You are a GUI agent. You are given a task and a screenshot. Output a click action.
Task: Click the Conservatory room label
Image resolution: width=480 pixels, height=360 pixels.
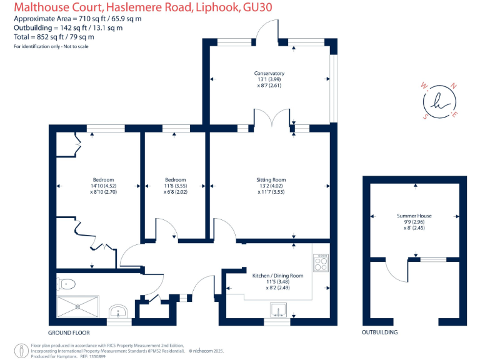pyautogui.click(x=270, y=73)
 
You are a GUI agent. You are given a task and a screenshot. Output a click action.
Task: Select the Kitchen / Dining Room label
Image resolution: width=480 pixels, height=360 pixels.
pyautogui.click(x=277, y=276)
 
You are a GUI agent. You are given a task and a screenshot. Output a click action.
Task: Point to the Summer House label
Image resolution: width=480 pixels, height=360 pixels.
pyautogui.click(x=414, y=216)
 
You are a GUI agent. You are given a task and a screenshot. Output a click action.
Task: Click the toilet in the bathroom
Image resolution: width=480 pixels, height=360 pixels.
pyautogui.click(x=66, y=284)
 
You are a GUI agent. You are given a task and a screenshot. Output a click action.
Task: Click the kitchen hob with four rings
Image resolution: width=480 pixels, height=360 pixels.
pyautogui.click(x=320, y=263)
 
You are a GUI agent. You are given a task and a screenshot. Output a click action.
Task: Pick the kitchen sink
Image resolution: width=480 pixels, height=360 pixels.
pyautogui.click(x=277, y=309)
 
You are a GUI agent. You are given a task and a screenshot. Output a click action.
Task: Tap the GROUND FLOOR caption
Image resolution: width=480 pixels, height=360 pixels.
pyautogui.click(x=69, y=332)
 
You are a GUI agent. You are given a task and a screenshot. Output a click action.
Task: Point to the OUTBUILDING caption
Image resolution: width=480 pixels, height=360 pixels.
pyautogui.click(x=379, y=332)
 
